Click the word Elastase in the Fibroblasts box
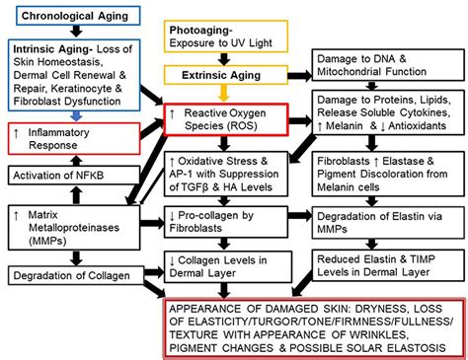(x=404, y=161)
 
